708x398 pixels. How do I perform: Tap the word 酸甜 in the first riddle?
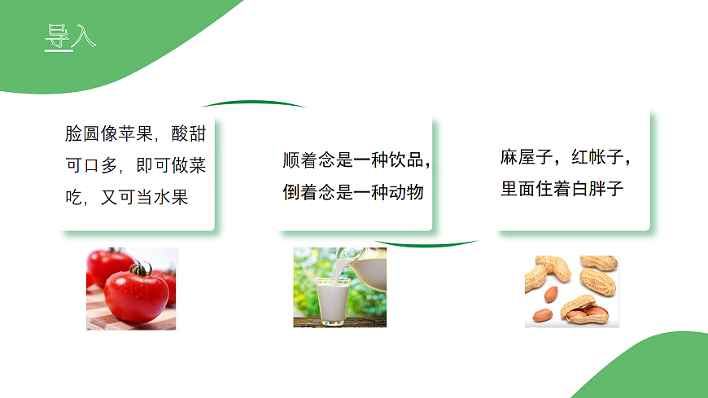189,133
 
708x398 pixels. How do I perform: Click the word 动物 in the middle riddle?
406,193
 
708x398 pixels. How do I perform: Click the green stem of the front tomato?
142,268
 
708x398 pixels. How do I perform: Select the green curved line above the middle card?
253,103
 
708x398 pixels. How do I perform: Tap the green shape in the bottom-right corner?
651,370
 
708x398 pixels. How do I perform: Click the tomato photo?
131,288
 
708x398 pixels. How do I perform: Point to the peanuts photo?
571,291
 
